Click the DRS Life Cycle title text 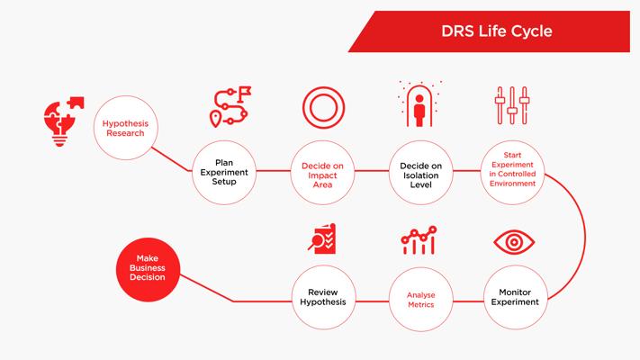pos(496,31)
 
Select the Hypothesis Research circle pos(126,128)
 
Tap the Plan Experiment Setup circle pos(224,172)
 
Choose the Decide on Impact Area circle pos(322,172)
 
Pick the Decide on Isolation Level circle pos(421,172)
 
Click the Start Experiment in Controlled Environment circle pos(513,172)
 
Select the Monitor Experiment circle pos(516,297)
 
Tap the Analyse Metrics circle pos(421,299)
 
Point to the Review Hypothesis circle pos(323,297)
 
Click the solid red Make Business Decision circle pos(148,269)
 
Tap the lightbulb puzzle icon pos(64,121)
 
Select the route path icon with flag pos(230,106)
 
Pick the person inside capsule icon pos(419,103)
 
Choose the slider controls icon pos(512,105)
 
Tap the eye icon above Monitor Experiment pos(514,242)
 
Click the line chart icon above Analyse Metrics pos(419,240)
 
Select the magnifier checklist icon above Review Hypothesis pos(322,238)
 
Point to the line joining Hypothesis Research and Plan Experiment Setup pos(171,159)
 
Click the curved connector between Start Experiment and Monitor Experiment pos(585,237)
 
